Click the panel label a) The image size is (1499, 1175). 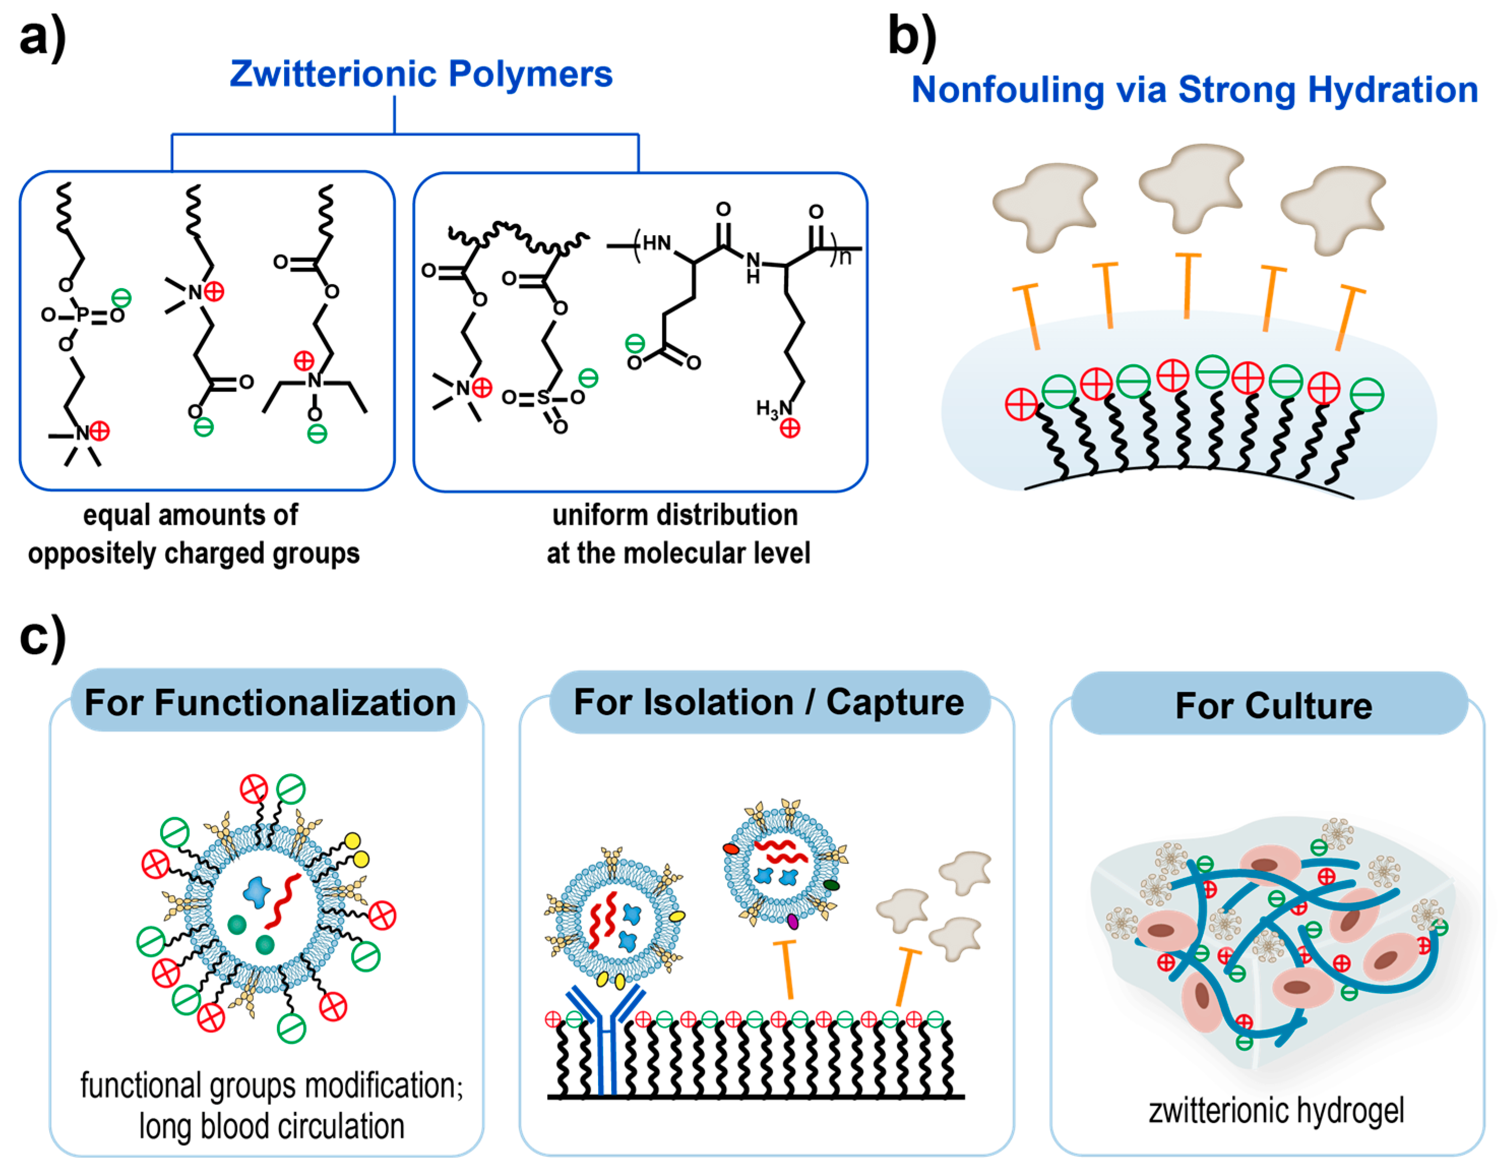(x=43, y=38)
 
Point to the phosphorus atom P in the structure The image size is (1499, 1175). (x=82, y=315)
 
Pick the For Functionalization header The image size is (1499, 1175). (x=270, y=703)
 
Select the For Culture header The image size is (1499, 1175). (x=1273, y=705)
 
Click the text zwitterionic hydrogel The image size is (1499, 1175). (x=1275, y=1111)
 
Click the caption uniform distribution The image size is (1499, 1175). (x=674, y=515)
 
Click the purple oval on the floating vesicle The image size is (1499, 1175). (x=793, y=921)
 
